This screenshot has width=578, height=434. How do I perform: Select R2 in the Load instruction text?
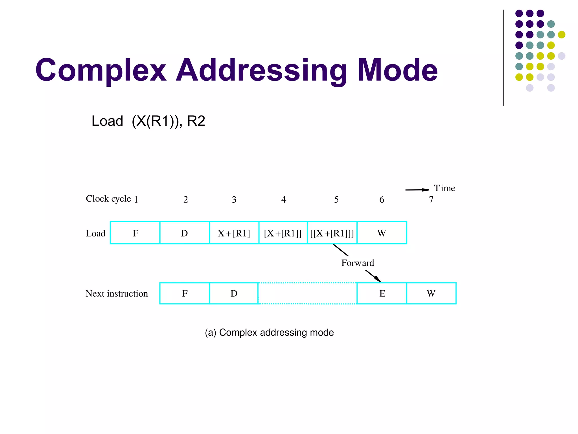[196, 121]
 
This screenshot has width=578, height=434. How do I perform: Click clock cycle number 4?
[284, 200]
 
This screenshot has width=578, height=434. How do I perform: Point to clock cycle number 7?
[431, 200]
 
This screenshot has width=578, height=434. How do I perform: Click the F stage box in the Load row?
[135, 233]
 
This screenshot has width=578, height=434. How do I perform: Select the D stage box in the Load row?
[184, 233]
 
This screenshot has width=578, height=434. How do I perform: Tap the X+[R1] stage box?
[234, 233]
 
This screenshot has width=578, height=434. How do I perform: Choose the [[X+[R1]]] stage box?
[332, 233]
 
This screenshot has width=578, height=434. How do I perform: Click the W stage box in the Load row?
[382, 233]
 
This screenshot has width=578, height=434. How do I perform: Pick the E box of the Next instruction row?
[382, 293]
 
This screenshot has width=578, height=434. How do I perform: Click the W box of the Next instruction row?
[431, 293]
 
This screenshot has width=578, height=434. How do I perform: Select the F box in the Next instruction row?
[185, 293]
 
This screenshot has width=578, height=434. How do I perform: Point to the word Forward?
[358, 263]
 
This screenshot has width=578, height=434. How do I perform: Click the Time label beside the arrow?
[444, 188]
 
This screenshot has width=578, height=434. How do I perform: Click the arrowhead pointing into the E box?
[378, 279]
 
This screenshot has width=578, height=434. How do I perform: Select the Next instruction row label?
[117, 294]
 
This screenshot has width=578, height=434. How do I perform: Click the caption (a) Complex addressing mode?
[269, 333]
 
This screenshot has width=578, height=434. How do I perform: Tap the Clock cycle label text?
[108, 199]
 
